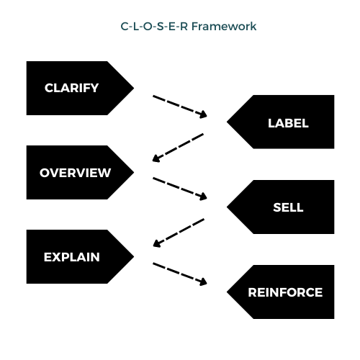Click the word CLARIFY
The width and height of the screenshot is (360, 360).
pyautogui.click(x=71, y=89)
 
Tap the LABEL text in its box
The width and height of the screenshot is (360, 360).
pyautogui.click(x=288, y=123)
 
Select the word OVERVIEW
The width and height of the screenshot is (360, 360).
pyautogui.click(x=75, y=173)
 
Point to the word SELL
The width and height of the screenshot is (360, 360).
pyautogui.click(x=288, y=207)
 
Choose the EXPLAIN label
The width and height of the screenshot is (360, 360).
pyautogui.click(x=71, y=257)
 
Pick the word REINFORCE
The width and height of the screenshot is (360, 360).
pyautogui.click(x=285, y=292)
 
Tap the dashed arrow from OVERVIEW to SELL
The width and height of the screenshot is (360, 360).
pyautogui.click(x=180, y=189)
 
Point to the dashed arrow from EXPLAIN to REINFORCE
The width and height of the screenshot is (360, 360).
pyautogui.click(x=180, y=274)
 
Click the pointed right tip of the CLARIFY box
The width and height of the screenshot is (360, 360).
pyautogui.click(x=132, y=89)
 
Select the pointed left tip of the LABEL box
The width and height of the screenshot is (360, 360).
pyautogui.click(x=229, y=122)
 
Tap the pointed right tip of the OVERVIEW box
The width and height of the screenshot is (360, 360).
pyautogui.click(x=132, y=173)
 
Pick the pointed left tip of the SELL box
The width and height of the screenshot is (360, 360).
pyautogui.click(x=229, y=207)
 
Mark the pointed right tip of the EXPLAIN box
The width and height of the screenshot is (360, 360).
pyautogui.click(x=132, y=257)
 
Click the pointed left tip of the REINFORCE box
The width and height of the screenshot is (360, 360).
pyautogui.click(x=229, y=292)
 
